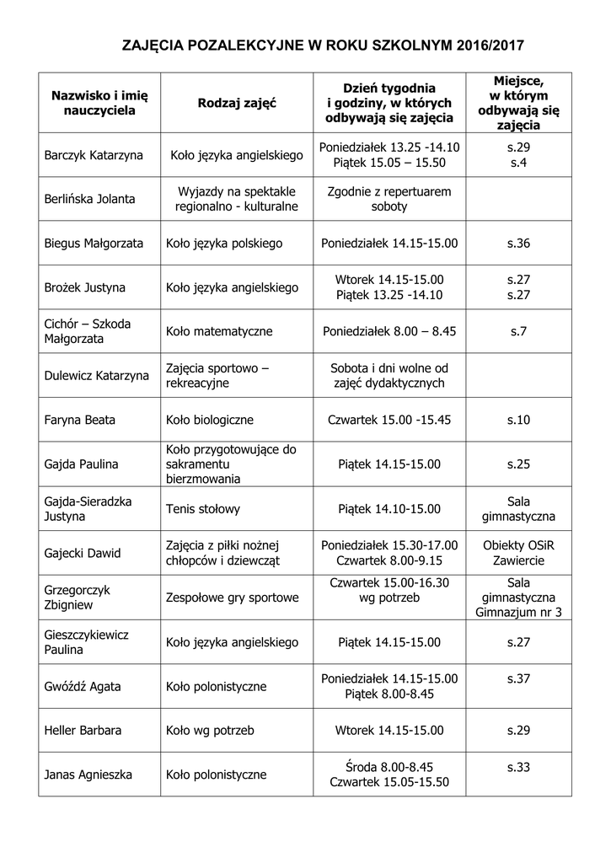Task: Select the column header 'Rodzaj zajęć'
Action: (x=237, y=103)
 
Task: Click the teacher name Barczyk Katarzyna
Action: (x=94, y=155)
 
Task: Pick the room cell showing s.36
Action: (x=518, y=244)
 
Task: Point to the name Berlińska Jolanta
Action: (x=89, y=200)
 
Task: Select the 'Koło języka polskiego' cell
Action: (x=224, y=244)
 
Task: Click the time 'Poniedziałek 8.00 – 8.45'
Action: (x=389, y=331)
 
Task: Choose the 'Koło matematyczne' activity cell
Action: (x=219, y=331)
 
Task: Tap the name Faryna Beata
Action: (x=80, y=420)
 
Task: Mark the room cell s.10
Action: (x=518, y=420)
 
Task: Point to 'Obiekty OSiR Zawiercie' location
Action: (x=518, y=552)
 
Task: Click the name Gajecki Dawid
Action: (x=83, y=553)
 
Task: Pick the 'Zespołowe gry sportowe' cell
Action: (x=233, y=598)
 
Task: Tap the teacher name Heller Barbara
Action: (x=83, y=730)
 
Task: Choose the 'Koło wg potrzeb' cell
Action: (x=210, y=730)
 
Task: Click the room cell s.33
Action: (x=518, y=767)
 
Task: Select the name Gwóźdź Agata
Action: (x=82, y=686)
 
